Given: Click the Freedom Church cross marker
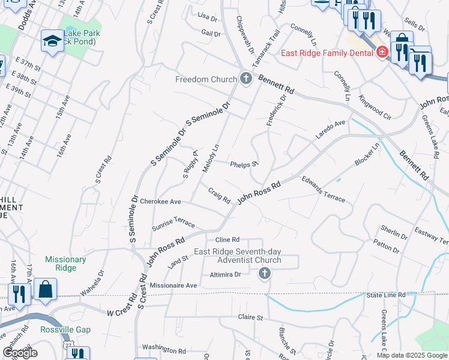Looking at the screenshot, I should pyautogui.click(x=246, y=79).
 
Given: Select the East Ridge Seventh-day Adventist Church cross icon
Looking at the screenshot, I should pyautogui.click(x=264, y=274).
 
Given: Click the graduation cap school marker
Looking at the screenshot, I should pyautogui.click(x=52, y=41).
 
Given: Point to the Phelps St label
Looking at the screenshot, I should pyautogui.click(x=244, y=163).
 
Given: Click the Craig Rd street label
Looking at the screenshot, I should pyautogui.click(x=220, y=195).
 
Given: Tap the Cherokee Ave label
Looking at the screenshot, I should pyautogui.click(x=161, y=202).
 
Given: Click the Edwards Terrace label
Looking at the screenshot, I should pyautogui.click(x=324, y=189).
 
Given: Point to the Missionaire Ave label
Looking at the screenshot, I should pyautogui.click(x=173, y=286).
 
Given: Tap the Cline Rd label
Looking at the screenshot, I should pyautogui.click(x=228, y=239).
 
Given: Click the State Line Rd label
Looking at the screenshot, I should pyautogui.click(x=387, y=295).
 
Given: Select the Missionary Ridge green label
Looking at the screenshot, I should pyautogui.click(x=65, y=264).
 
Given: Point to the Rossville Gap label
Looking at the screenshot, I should pyautogui.click(x=57, y=330).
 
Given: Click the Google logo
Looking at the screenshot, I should pyautogui.click(x=20, y=353).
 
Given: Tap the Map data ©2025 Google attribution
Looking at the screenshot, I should pyautogui.click(x=412, y=355).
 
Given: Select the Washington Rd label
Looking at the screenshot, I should pyautogui.click(x=164, y=349).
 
